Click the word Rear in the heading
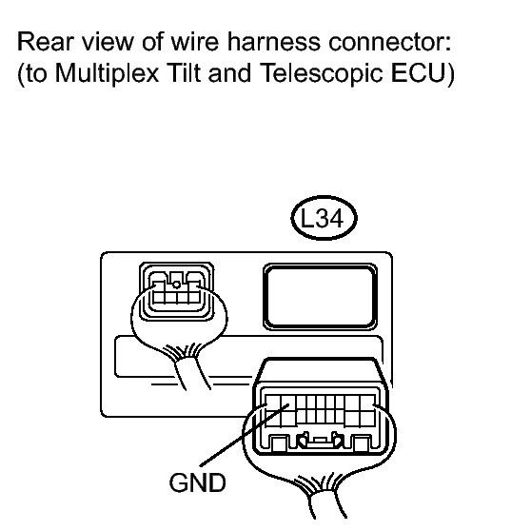tap(46, 42)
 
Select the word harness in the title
tap(274, 42)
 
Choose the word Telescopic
tap(322, 73)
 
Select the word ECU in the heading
tap(419, 72)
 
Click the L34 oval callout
tap(324, 218)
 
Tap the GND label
tap(197, 482)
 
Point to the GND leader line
tap(245, 435)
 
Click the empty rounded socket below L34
tap(321, 296)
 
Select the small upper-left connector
tap(176, 291)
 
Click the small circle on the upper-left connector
tap(176, 285)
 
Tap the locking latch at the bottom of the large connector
tap(320, 441)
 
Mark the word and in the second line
tap(230, 72)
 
